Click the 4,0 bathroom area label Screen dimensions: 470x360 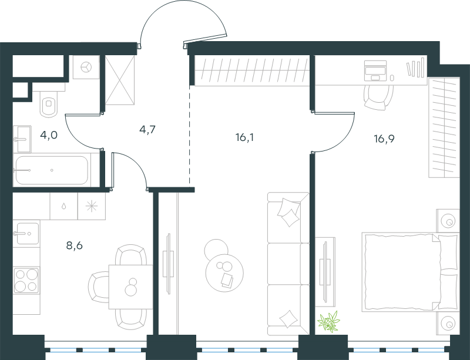coord(49,136)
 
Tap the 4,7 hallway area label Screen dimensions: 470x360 coord(147,130)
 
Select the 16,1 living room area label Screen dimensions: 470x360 coord(244,137)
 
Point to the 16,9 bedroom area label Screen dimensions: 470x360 coord(384,139)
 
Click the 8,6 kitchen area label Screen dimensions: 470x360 coord(75,246)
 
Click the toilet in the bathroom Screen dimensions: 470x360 coord(49,104)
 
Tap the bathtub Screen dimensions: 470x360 coord(52,170)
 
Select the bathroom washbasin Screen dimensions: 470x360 coord(22,139)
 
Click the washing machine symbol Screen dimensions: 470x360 coord(86,67)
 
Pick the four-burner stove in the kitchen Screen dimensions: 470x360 coord(26,280)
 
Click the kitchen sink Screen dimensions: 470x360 coord(26,234)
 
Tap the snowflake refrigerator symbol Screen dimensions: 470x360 coord(92,206)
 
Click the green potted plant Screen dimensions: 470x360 coord(329,322)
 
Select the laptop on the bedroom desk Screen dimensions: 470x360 coord(375,70)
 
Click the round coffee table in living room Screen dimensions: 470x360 coord(224,272)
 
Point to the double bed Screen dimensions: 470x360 coord(411,271)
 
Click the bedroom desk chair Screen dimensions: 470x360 coord(378,97)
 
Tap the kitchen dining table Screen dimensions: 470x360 coord(130,287)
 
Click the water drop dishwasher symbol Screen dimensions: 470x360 coord(64,206)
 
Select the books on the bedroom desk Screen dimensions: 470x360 coord(416,68)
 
